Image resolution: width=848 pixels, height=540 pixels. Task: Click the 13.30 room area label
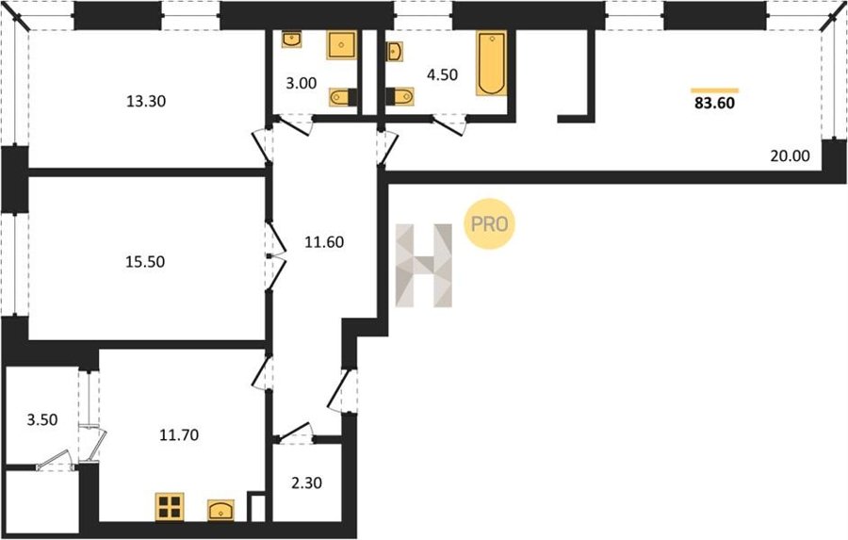145,101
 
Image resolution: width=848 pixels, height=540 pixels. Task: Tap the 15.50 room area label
145,262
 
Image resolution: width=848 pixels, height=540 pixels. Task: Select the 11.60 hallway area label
324,242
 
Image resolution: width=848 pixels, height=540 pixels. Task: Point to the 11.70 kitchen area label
179,434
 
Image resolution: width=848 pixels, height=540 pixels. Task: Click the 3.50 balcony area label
42,419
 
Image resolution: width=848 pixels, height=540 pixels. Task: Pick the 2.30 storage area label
306,483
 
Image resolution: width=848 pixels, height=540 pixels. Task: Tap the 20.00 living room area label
791,155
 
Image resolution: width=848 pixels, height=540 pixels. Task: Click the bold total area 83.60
714,103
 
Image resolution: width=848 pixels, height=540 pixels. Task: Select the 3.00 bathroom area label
302,83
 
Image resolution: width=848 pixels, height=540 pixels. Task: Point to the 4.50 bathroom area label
443,74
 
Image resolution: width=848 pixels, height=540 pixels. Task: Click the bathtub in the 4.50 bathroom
492,63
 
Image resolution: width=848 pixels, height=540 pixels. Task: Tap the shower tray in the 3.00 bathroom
341,45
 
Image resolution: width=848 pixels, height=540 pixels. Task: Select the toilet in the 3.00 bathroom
343,97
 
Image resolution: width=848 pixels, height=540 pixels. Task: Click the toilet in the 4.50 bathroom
400,97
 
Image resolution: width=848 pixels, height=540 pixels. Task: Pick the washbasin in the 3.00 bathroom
291,39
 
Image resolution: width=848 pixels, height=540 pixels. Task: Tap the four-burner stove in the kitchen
170,507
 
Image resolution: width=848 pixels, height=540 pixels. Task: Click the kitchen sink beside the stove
220,510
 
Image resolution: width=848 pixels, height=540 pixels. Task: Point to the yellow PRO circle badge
489,224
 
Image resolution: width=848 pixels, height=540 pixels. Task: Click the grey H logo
424,265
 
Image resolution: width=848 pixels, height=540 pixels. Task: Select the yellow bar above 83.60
715,90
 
